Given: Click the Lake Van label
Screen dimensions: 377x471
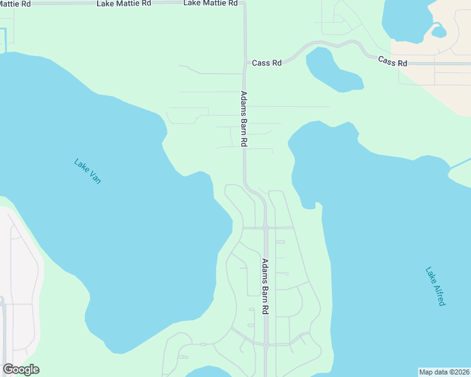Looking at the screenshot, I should click(88, 172).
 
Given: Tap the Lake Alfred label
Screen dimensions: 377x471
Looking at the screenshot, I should click(435, 287).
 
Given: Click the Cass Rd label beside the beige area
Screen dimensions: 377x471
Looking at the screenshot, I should click(393, 61).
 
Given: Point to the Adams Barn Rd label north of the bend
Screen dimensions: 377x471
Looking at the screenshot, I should click(244, 119).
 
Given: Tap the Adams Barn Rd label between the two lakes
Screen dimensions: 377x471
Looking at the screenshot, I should click(266, 287).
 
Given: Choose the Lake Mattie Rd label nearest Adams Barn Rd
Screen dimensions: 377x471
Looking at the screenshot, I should click(210, 3).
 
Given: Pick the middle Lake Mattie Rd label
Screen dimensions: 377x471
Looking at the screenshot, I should click(124, 4).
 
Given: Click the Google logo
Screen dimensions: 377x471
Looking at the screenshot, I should click(21, 369).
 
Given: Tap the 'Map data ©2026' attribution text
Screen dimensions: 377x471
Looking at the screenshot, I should click(444, 372).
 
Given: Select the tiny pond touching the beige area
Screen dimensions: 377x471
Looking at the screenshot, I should click(439, 31).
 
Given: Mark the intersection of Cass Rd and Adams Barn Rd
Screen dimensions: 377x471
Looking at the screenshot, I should click(245, 63).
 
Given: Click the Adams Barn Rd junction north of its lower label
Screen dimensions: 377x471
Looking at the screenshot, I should click(266, 227).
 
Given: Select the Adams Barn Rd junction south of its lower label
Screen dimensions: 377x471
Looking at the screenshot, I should click(266, 344).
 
